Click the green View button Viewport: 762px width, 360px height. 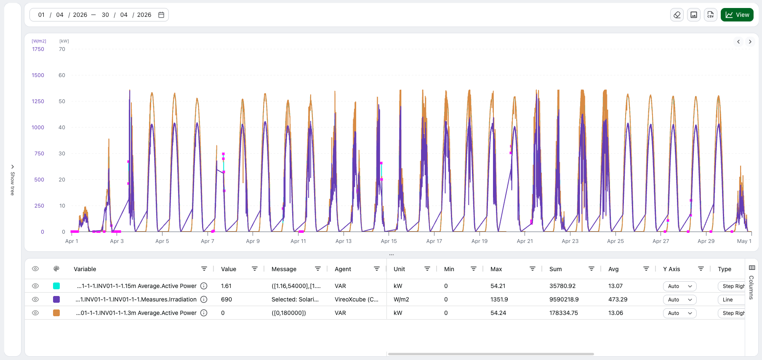pos(737,15)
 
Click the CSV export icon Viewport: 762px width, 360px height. pos(711,15)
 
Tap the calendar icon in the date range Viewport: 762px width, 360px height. pos(161,15)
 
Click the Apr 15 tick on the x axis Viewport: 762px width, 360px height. pos(389,241)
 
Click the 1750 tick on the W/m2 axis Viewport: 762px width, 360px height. pos(38,49)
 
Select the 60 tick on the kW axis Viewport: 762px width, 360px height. pos(62,75)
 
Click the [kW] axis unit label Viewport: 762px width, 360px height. pos(64,41)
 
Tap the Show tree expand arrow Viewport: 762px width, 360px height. pos(13,167)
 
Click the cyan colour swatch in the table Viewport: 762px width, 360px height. pos(56,286)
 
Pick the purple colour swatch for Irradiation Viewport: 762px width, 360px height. pos(56,299)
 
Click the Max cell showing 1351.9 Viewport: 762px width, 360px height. pos(499,299)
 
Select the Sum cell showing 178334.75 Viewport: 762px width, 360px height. pos(564,313)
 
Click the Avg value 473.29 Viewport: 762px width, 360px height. pos(618,299)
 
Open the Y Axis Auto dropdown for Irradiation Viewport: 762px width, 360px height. pos(679,299)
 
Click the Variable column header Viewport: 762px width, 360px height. pos(85,269)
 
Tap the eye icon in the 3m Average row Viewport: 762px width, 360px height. pos(35,313)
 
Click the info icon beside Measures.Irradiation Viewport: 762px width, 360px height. pos(204,299)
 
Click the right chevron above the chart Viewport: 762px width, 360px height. pos(750,42)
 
